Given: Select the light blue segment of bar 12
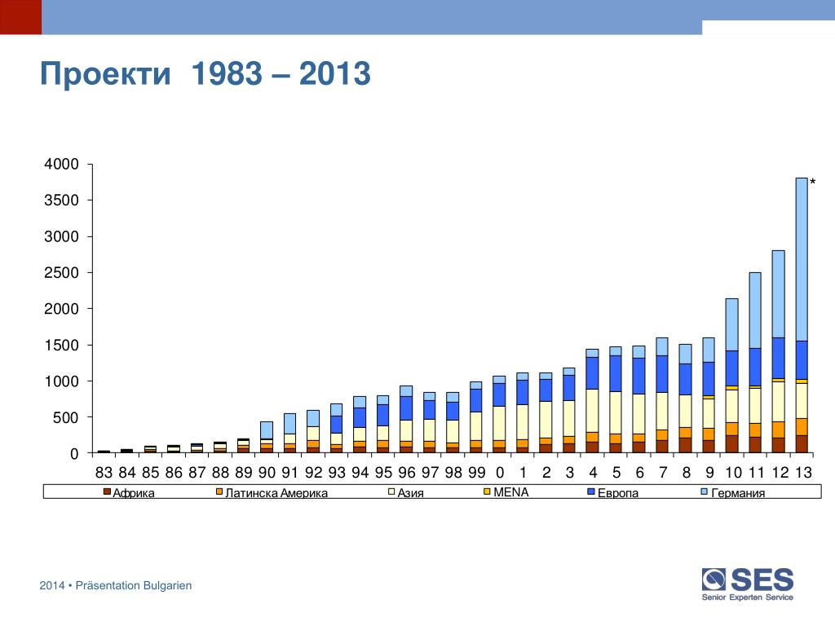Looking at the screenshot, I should click(x=778, y=293).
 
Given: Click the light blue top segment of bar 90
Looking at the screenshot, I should click(x=267, y=430).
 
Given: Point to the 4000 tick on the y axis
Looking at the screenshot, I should click(x=62, y=165).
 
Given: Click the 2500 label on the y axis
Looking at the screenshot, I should click(x=62, y=273).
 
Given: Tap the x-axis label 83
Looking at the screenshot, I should click(x=104, y=473).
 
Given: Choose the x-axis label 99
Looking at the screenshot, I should click(x=476, y=473).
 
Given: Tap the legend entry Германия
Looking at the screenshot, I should click(x=738, y=493).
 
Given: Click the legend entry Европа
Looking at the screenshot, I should click(x=617, y=493).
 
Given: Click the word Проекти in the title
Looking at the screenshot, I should click(x=106, y=75).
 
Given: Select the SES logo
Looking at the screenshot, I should click(x=748, y=584).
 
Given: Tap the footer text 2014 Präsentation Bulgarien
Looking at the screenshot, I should click(x=116, y=585).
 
